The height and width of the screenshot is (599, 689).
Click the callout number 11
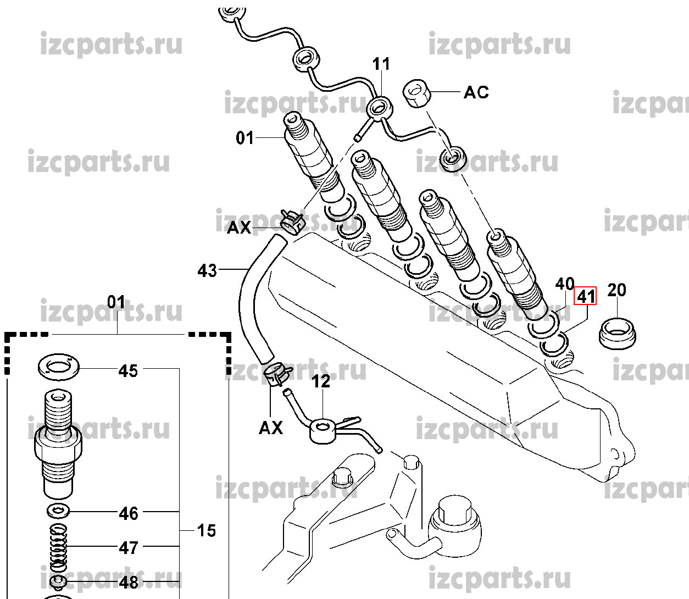point(381,65)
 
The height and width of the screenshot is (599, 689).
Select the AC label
point(476,92)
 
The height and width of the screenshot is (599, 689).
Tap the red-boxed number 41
point(585,297)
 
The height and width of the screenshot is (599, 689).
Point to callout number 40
point(564,284)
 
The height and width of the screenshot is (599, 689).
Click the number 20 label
point(616,290)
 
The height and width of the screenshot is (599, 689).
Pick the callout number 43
point(207,271)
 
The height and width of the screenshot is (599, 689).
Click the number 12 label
point(321,381)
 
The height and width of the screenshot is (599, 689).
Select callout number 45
point(128,371)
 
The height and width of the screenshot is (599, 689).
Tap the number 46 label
point(128,514)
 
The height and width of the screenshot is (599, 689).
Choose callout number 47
point(128,548)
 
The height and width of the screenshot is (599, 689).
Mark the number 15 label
point(206,531)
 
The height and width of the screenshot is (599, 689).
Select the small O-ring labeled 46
point(58,511)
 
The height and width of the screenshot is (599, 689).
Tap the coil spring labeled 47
point(58,547)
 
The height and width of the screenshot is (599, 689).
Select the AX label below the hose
point(270,428)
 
